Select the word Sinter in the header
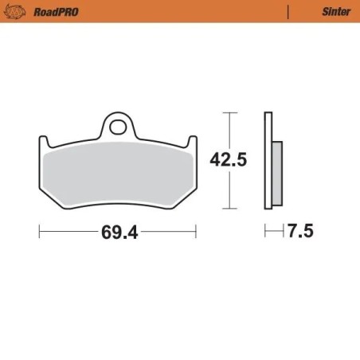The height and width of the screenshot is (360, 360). pyautogui.click(x=335, y=11)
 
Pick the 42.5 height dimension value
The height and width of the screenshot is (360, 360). pyautogui.click(x=228, y=160)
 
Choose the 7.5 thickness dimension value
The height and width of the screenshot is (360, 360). pyautogui.click(x=300, y=232)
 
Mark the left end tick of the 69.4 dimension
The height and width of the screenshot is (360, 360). pyautogui.click(x=40, y=232)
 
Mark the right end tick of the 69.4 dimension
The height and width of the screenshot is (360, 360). pyautogui.click(x=195, y=232)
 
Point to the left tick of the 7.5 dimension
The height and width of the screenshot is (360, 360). pyautogui.click(x=266, y=232)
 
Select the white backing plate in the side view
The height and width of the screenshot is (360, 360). pyautogui.click(x=268, y=159)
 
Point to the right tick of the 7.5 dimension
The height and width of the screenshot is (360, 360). pyautogui.click(x=284, y=232)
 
